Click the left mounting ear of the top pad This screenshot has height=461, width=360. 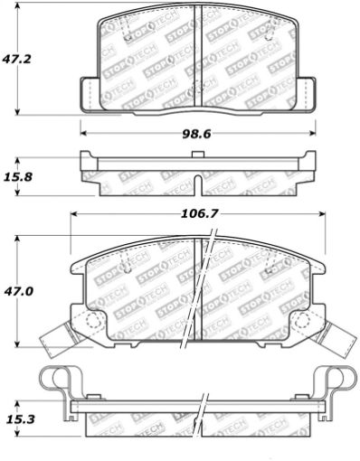[x=90, y=93]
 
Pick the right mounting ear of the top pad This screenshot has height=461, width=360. [x=305, y=93]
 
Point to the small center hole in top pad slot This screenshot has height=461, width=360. [x=198, y=90]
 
